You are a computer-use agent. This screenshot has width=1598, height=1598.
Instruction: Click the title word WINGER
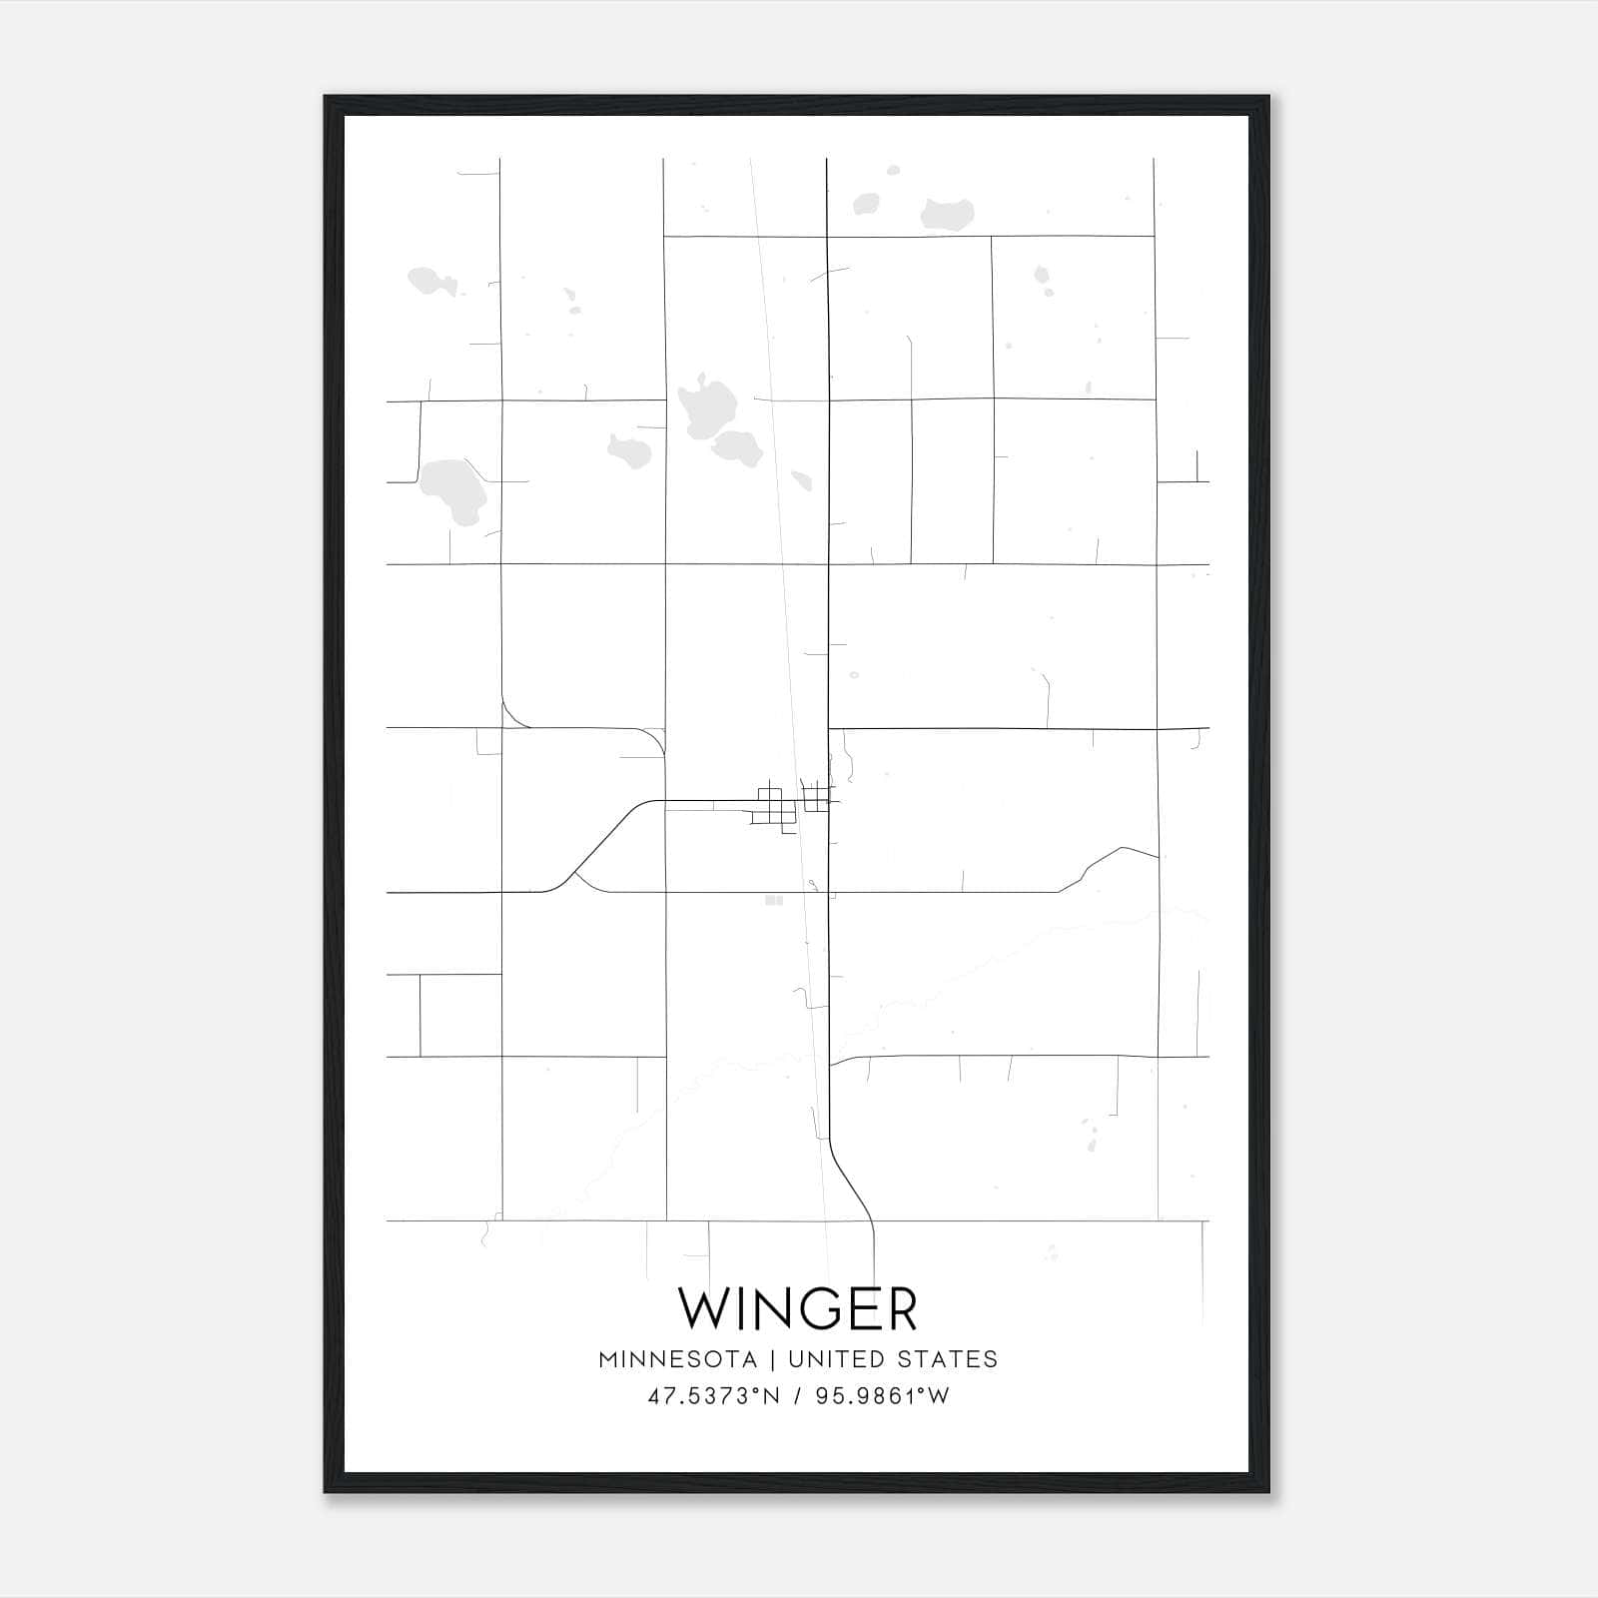tap(798, 1308)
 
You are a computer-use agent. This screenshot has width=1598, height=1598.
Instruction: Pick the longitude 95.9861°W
tap(883, 1396)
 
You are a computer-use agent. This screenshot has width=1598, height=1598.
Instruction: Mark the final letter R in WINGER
tap(900, 1308)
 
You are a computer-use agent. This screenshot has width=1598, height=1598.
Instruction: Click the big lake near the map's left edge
tap(451, 489)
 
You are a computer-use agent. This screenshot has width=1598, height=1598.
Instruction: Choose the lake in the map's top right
tap(946, 213)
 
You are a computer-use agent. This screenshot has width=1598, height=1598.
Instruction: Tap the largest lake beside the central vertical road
tap(707, 409)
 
